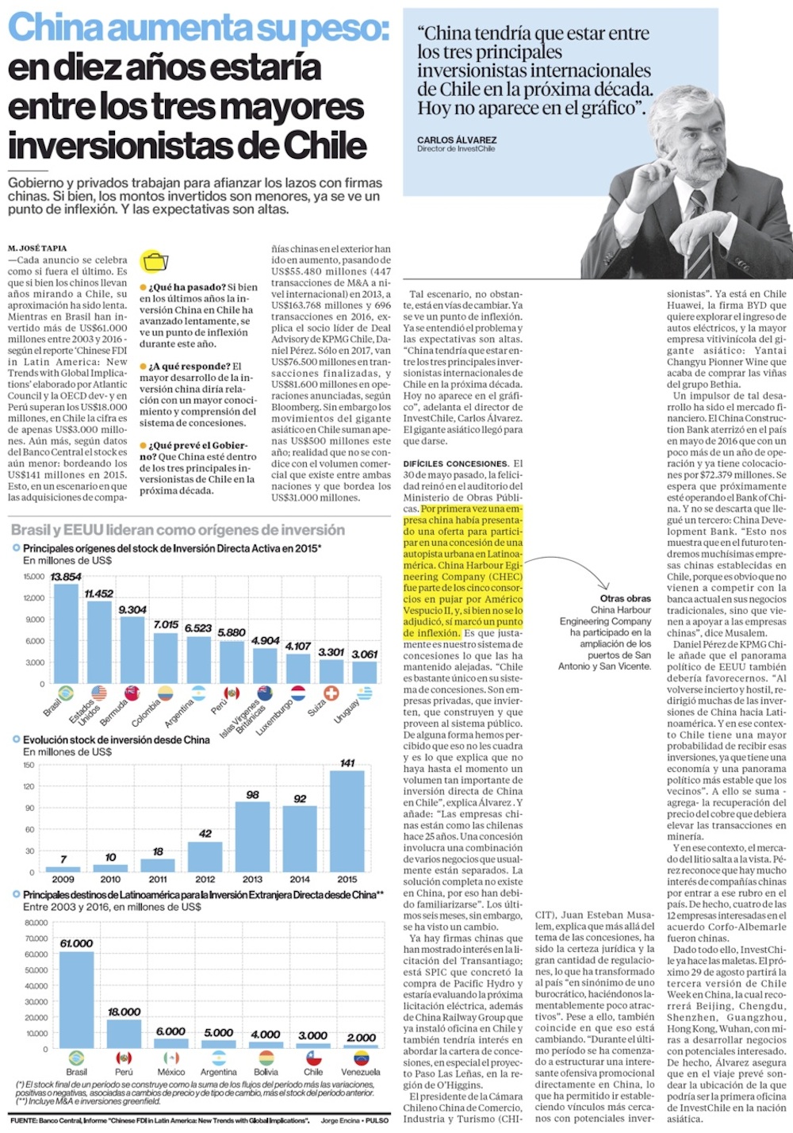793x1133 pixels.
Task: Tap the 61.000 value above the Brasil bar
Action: pos(76,943)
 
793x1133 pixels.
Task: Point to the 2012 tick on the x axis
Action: pos(205,879)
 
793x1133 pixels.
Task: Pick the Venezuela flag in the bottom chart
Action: pos(361,1058)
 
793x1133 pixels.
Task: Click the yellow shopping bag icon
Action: pos(155,261)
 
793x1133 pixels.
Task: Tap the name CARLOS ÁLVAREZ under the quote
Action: pos(457,140)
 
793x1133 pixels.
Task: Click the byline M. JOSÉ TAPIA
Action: pos(37,248)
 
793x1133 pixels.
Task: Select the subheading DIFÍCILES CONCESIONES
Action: pos(455,463)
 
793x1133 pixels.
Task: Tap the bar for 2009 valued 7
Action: pos(63,869)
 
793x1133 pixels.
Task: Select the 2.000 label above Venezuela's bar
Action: pos(361,1037)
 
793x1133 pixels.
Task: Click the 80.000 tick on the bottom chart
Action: pos(36,923)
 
